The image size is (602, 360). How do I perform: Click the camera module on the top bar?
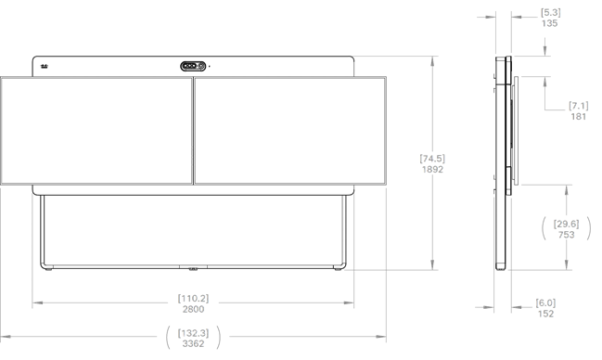tap(193, 66)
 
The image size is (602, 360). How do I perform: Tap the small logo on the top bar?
tap(45, 66)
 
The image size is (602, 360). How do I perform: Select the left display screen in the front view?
tap(96, 129)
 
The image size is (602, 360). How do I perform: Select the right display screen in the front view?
tap(289, 129)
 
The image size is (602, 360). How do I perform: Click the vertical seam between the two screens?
tap(193, 129)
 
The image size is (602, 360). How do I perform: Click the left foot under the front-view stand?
tap(48, 271)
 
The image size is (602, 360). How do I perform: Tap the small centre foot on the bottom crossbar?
tap(193, 271)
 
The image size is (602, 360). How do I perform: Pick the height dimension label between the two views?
tap(431, 163)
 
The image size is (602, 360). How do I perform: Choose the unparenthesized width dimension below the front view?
tap(193, 302)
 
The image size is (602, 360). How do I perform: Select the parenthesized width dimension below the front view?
tap(193, 335)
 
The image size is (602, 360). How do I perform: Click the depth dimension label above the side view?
tap(549, 18)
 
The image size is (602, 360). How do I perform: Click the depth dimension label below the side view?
tap(546, 307)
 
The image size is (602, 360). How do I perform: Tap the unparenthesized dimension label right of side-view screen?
tap(578, 111)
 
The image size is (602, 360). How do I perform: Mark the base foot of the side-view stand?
tap(502, 268)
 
